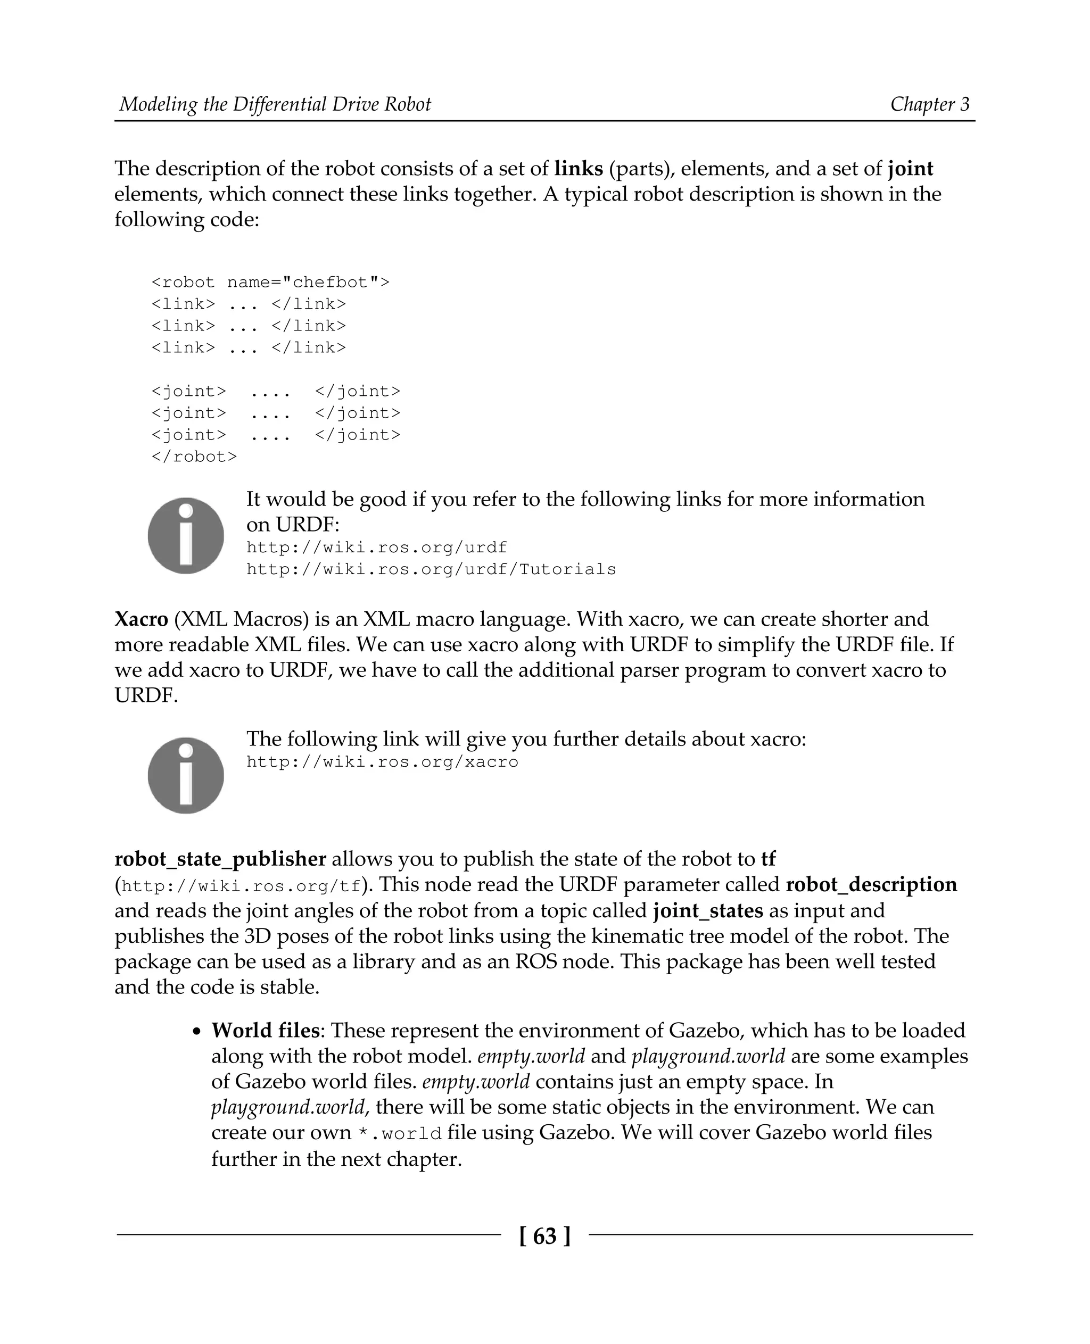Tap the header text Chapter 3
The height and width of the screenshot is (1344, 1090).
[x=929, y=104]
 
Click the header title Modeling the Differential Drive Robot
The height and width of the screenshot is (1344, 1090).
[x=275, y=104]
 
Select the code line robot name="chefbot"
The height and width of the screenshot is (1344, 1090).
[x=270, y=283]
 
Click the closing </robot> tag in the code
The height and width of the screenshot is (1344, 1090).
[x=194, y=457]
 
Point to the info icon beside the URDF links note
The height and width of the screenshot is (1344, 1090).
[x=186, y=535]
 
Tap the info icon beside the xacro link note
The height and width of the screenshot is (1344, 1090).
[x=186, y=775]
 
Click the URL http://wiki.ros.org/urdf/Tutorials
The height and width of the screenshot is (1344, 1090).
[x=431, y=569]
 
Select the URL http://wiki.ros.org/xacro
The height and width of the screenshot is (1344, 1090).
[x=382, y=762]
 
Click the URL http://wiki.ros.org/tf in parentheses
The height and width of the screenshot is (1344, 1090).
[x=241, y=886]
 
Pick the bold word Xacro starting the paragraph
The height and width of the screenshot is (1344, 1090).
[x=141, y=619]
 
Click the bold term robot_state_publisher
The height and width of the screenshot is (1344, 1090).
[x=220, y=859]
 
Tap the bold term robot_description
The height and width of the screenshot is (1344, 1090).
[x=871, y=884]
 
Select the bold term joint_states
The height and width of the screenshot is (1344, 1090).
[x=708, y=910]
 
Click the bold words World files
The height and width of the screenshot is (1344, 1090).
[x=265, y=1030]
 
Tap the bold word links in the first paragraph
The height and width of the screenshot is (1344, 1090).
[x=579, y=168]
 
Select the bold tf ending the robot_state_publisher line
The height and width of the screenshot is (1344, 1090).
[x=768, y=859]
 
